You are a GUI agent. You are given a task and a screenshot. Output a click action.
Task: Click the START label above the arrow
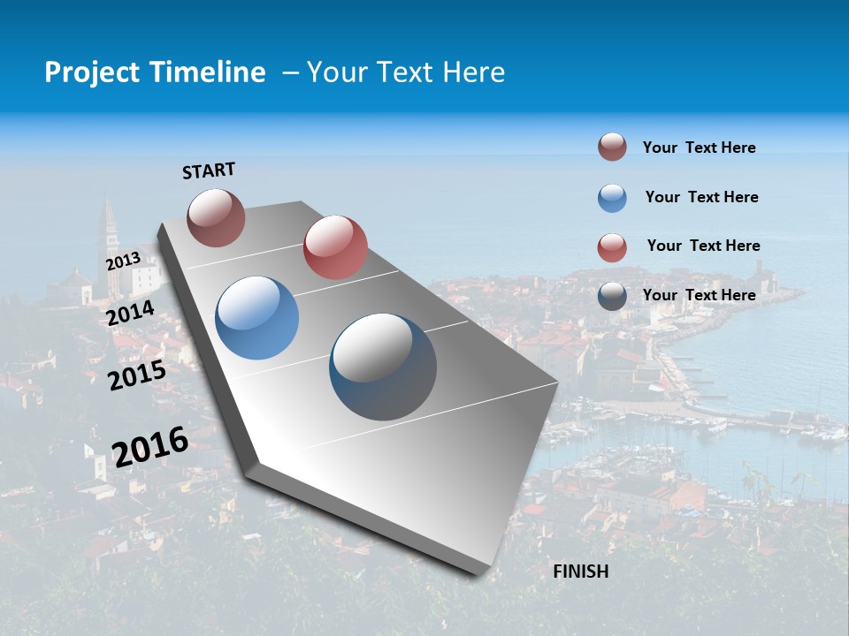click(209, 170)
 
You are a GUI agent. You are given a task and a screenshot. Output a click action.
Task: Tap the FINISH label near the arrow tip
click(581, 572)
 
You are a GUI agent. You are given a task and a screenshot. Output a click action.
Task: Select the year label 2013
click(123, 261)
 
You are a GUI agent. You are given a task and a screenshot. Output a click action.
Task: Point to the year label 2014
click(131, 313)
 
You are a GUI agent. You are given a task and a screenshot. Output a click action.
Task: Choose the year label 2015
click(137, 375)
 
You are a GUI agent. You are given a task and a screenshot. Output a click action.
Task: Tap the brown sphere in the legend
click(612, 148)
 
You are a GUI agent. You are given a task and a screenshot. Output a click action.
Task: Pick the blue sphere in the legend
click(612, 198)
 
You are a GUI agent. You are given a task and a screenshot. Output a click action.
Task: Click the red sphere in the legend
click(612, 247)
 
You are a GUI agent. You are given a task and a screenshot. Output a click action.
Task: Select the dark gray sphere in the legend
click(612, 296)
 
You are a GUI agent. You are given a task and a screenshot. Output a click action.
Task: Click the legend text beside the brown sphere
click(699, 148)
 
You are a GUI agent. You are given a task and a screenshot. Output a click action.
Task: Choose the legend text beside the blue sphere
click(701, 197)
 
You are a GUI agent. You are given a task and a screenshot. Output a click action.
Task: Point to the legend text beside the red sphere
click(703, 246)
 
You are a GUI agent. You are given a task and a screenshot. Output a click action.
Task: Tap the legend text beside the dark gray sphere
click(699, 295)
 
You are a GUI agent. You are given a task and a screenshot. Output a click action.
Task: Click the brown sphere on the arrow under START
click(216, 217)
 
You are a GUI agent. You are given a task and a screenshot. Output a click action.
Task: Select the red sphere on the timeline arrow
click(335, 247)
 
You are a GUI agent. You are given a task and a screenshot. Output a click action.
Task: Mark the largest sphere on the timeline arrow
click(383, 367)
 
